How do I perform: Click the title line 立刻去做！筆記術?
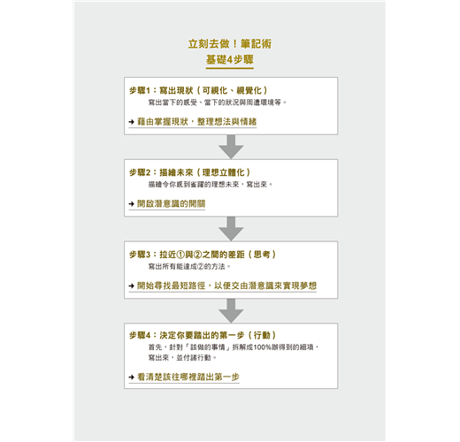tap(230, 44)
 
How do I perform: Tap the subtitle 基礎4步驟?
tap(230, 59)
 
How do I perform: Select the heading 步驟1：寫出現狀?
tap(161, 90)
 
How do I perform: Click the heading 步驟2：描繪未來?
tap(161, 172)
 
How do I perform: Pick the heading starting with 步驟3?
tap(203, 255)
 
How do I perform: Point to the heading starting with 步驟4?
tap(203, 335)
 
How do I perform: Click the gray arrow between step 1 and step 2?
tap(231, 147)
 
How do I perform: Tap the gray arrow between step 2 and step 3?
tap(231, 229)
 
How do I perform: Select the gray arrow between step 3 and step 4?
tap(231, 310)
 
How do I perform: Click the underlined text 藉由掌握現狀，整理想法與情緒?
tap(196, 122)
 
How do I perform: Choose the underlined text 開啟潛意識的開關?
tap(171, 203)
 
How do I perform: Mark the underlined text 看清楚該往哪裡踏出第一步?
tap(188, 377)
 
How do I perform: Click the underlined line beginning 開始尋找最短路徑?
tap(226, 286)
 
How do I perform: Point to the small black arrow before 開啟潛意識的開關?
tap(132, 203)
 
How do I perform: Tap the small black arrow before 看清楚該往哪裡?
tap(132, 377)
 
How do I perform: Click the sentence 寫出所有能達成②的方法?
tap(189, 266)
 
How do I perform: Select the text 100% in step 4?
tap(262, 347)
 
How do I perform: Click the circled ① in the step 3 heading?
tap(180, 255)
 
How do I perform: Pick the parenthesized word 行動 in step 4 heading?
tap(262, 335)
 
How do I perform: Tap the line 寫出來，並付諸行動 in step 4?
tap(182, 358)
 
